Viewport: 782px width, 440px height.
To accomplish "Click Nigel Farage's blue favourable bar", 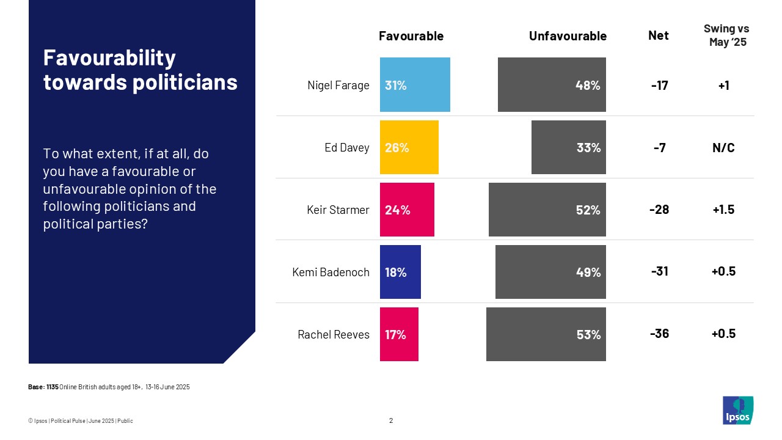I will click(415, 85).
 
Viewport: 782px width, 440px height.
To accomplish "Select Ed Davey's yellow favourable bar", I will click(409, 147).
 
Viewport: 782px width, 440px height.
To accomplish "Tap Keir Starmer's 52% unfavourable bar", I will click(547, 210).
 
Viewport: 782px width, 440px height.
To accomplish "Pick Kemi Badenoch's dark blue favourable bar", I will click(400, 272).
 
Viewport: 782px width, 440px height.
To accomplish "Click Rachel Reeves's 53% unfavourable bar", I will click(546, 334).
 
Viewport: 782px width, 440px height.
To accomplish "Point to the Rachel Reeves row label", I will click(334, 334).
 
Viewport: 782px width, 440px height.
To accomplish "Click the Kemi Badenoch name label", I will click(331, 272).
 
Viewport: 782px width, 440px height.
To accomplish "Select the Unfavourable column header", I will click(568, 36).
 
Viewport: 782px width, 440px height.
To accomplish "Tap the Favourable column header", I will click(411, 36).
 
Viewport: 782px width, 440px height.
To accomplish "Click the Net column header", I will click(658, 35).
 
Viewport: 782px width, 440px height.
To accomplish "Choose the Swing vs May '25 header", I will click(726, 35).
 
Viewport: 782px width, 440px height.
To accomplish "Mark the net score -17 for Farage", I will click(660, 86).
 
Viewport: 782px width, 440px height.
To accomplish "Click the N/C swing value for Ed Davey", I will click(723, 148).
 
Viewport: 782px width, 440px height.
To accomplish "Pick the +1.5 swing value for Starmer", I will click(723, 210).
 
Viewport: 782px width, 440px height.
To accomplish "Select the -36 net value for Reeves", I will click(660, 334).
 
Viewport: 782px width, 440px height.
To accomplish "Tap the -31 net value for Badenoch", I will click(660, 272).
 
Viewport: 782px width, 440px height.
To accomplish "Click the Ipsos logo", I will click(737, 410).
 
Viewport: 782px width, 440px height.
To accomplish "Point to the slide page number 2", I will click(391, 420).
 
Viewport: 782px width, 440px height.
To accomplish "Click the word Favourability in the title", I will click(109, 58).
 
